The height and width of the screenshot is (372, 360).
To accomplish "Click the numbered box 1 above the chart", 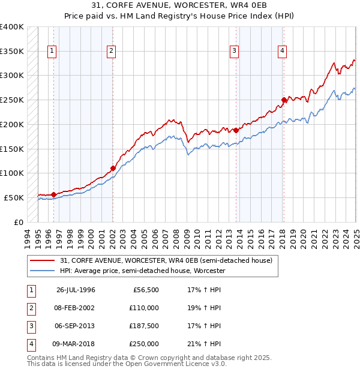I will tap(52, 52).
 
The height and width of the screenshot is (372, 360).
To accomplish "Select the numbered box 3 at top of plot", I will tap(234, 52).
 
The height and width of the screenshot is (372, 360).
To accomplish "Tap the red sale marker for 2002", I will tap(113, 169).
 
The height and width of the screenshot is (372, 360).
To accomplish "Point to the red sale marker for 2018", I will tap(284, 100).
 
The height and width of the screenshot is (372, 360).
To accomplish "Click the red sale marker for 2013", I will tap(236, 130).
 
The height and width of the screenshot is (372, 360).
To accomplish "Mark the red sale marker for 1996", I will tap(54, 194).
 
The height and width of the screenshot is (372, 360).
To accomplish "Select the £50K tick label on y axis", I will tap(14, 197).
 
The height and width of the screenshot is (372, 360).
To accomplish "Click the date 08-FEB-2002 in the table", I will tap(76, 307).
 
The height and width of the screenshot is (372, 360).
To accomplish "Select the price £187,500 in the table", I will tap(145, 326).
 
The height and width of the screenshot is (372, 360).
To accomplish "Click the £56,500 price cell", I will tap(146, 289).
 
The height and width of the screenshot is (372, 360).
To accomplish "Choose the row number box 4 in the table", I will tap(30, 344).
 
